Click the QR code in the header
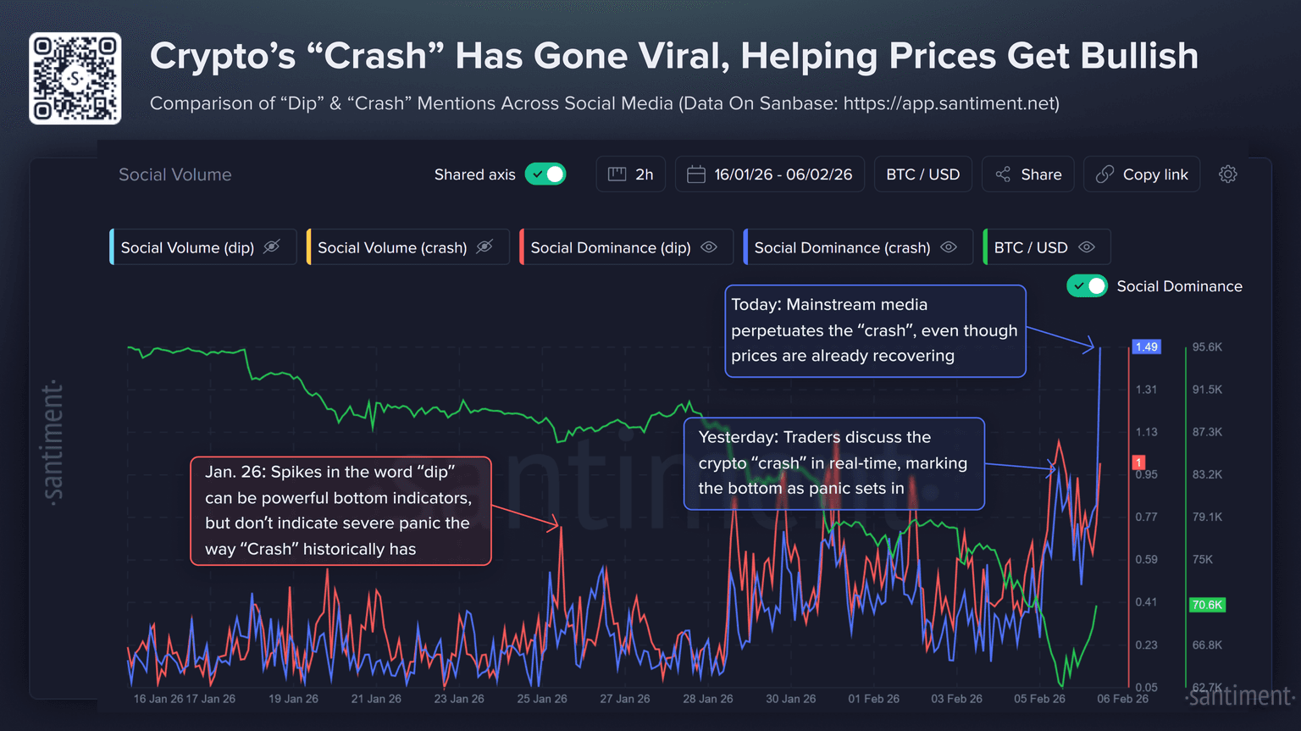pyautogui.click(x=75, y=79)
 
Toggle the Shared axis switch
pyautogui.click(x=545, y=174)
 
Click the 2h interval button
pyautogui.click(x=631, y=174)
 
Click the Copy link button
pyautogui.click(x=1142, y=174)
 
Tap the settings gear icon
pyautogui.click(x=1227, y=174)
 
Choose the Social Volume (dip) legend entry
pyautogui.click(x=187, y=247)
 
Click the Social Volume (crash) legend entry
pyautogui.click(x=392, y=247)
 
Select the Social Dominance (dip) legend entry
pyautogui.click(x=610, y=247)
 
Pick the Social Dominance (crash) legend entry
pyautogui.click(x=842, y=247)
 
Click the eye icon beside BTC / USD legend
pyautogui.click(x=1087, y=247)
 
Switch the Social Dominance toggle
pyautogui.click(x=1087, y=286)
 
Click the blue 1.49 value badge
pyautogui.click(x=1146, y=347)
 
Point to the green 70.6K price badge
pyautogui.click(x=1206, y=605)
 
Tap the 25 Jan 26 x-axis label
pyautogui.click(x=542, y=699)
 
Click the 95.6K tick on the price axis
pyautogui.click(x=1207, y=347)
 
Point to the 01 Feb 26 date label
pyautogui.click(x=873, y=699)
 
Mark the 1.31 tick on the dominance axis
pyautogui.click(x=1146, y=390)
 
